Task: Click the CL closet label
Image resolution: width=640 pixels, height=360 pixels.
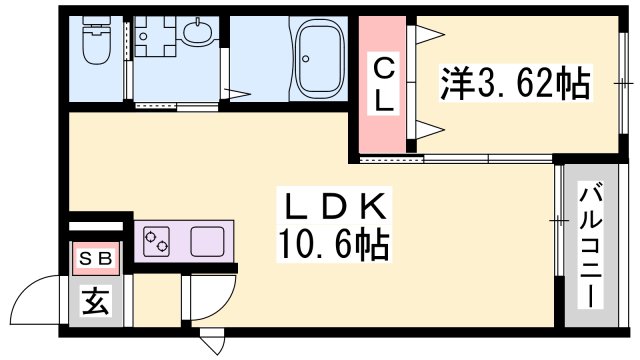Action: click(x=383, y=84)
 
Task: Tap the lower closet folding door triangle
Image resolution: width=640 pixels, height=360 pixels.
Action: click(x=427, y=127)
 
